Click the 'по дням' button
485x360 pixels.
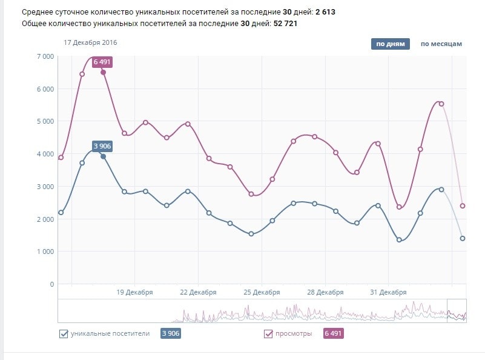coord(390,44)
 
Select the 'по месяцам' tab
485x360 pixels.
coord(441,44)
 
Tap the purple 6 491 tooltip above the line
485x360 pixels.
coord(102,62)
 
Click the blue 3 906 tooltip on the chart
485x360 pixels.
coord(102,145)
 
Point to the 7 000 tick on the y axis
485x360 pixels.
coord(45,56)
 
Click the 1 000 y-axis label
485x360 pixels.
coord(45,252)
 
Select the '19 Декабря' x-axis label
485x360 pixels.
coord(134,292)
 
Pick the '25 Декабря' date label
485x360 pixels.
coord(262,292)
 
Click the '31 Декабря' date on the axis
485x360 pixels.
coord(388,292)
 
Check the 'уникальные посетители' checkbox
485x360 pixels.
coord(64,333)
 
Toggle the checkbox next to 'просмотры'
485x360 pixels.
coord(269,333)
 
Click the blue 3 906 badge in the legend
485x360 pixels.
coord(170,333)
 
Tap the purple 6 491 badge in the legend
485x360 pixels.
coord(334,333)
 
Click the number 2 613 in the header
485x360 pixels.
coord(326,12)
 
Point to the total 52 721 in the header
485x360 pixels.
coord(286,24)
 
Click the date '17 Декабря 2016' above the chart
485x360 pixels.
coord(90,42)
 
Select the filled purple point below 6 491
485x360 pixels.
coord(103,72)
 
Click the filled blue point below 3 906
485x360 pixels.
coord(103,156)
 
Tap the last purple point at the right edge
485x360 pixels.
coord(463,206)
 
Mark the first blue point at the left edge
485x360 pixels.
coord(61,213)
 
